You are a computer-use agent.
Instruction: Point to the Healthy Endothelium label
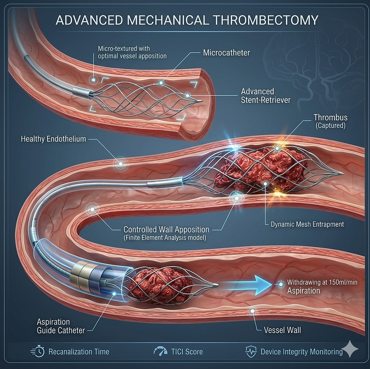coord(54,139)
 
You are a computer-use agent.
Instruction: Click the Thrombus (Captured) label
coord(330,121)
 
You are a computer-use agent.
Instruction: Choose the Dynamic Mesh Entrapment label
coord(307,224)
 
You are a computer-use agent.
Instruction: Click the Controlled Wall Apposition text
coord(166,229)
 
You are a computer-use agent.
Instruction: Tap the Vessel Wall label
coord(282,330)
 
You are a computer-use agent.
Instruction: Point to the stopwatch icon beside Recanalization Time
coord(37,352)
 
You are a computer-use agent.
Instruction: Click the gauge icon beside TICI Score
coord(160,352)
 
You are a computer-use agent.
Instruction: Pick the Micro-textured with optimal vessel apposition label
coord(132,53)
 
